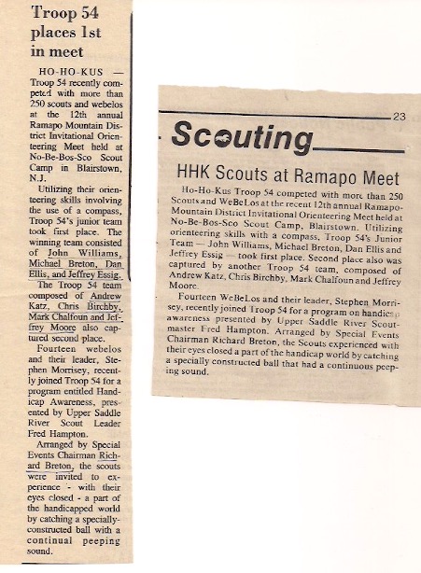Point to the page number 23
pyautogui.click(x=399, y=116)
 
